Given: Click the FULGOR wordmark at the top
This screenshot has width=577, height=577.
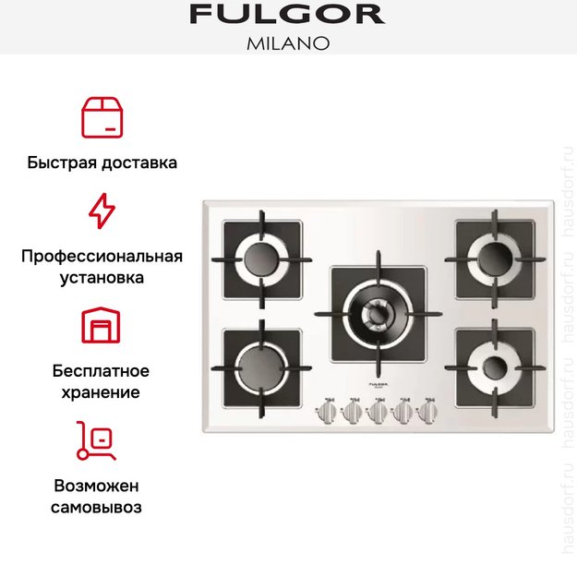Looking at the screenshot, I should point(287,15).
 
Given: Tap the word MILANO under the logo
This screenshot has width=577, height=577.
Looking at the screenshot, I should point(287,42).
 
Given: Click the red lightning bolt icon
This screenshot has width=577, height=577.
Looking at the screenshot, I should point(102,211).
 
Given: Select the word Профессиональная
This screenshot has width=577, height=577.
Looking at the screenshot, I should point(102,256).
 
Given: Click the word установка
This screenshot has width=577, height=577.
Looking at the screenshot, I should point(102,277).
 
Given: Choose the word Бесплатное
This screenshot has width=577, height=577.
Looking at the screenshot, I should point(102,371).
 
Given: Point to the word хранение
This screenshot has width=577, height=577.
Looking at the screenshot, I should point(102,392).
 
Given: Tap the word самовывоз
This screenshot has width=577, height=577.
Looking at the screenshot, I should point(102,507).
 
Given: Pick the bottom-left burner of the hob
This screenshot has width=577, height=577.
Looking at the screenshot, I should point(258,362).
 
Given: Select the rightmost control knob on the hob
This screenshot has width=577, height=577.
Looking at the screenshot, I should point(429,412).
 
